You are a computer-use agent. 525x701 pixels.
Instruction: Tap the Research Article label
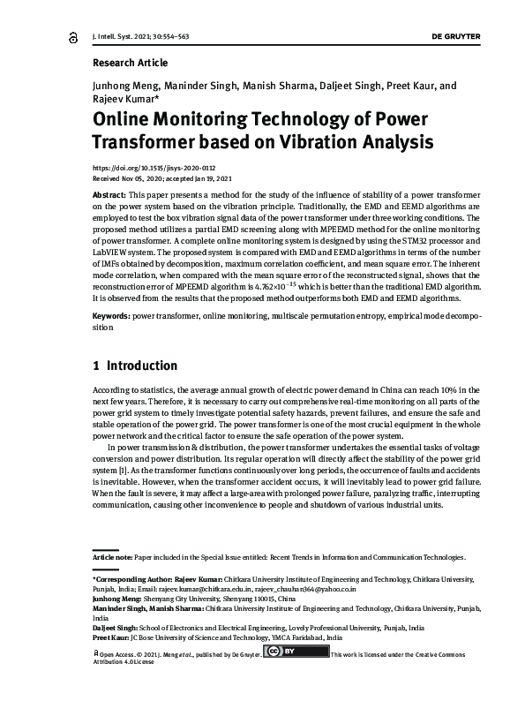coord(130,64)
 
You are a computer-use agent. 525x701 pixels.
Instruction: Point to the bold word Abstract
coord(109,192)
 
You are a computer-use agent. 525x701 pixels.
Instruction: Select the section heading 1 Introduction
coord(135,366)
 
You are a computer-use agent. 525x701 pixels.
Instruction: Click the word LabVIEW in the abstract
coord(111,262)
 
